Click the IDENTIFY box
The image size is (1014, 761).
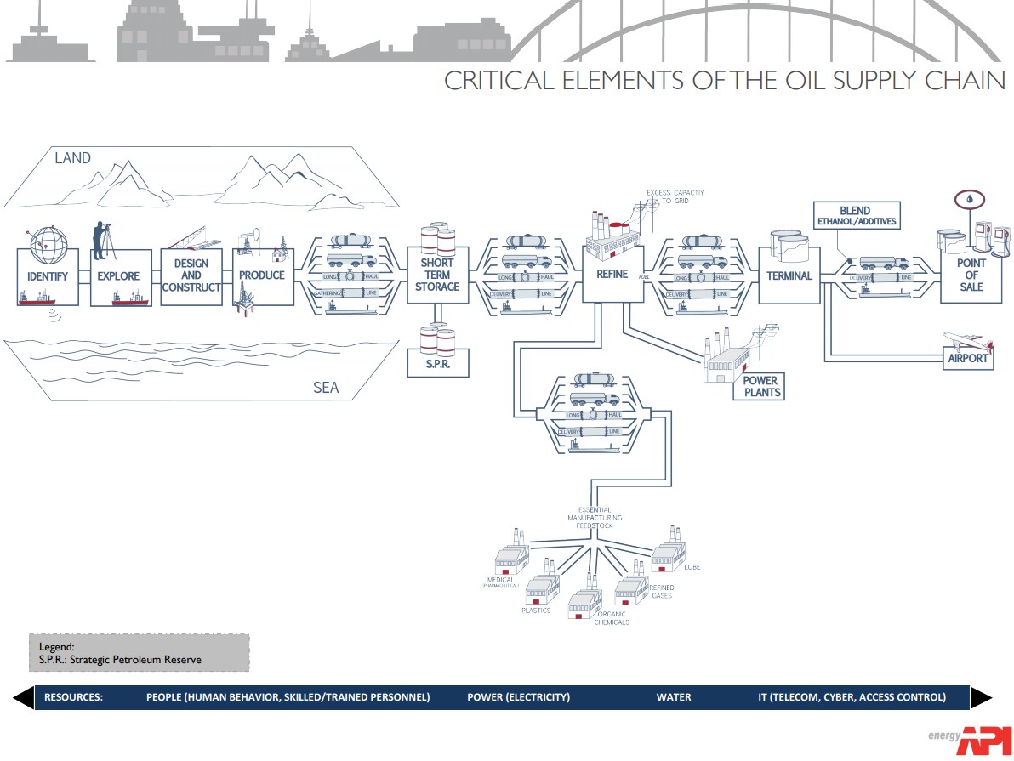pyautogui.click(x=48, y=277)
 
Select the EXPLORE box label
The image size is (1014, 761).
pyautogui.click(x=117, y=276)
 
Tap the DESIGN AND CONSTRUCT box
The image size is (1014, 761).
pyautogui.click(x=191, y=275)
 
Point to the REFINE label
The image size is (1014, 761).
pyautogui.click(x=611, y=275)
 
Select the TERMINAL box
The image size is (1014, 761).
pyautogui.click(x=789, y=275)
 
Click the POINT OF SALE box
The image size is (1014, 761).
pyautogui.click(x=971, y=275)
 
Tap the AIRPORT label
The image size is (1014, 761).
pyautogui.click(x=968, y=358)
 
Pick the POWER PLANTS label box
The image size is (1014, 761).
pyautogui.click(x=759, y=386)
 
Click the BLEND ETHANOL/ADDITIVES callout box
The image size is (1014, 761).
pyautogui.click(x=855, y=216)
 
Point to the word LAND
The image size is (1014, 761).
pyautogui.click(x=72, y=158)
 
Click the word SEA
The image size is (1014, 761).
pyautogui.click(x=325, y=388)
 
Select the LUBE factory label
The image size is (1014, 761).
pyautogui.click(x=692, y=566)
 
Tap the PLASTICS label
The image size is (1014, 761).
pyautogui.click(x=536, y=611)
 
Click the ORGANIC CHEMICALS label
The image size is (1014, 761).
pyautogui.click(x=612, y=618)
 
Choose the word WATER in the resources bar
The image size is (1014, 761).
pyautogui.click(x=673, y=697)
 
